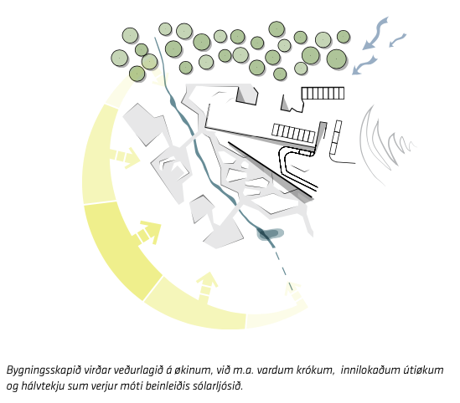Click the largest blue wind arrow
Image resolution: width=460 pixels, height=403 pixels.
[375, 33]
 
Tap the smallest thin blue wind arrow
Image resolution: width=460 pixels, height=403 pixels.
[397, 40]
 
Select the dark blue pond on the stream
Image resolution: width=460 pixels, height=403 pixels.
[270, 234]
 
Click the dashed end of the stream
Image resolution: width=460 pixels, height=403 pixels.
[283, 268]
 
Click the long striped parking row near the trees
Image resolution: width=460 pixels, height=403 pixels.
[323, 93]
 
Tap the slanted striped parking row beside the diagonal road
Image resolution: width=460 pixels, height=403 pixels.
[293, 133]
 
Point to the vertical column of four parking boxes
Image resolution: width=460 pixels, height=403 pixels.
[336, 137]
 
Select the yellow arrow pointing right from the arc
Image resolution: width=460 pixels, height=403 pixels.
[126, 157]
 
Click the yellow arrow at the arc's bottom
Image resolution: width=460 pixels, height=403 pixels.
[207, 287]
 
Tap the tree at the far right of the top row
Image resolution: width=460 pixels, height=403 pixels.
[344, 37]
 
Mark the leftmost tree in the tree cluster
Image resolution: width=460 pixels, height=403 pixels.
[120, 58]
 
